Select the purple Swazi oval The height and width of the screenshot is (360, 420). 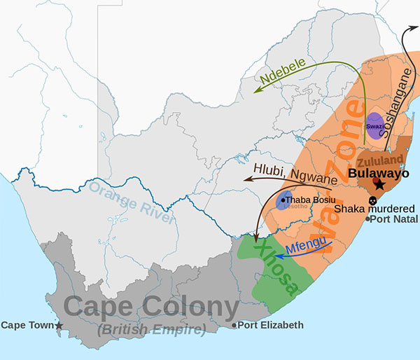click(374, 125)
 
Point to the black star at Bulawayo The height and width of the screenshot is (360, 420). click(379, 184)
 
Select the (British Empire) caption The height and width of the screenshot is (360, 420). click(151, 329)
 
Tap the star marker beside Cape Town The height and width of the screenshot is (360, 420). click(59, 326)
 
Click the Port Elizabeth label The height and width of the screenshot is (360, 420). click(271, 325)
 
